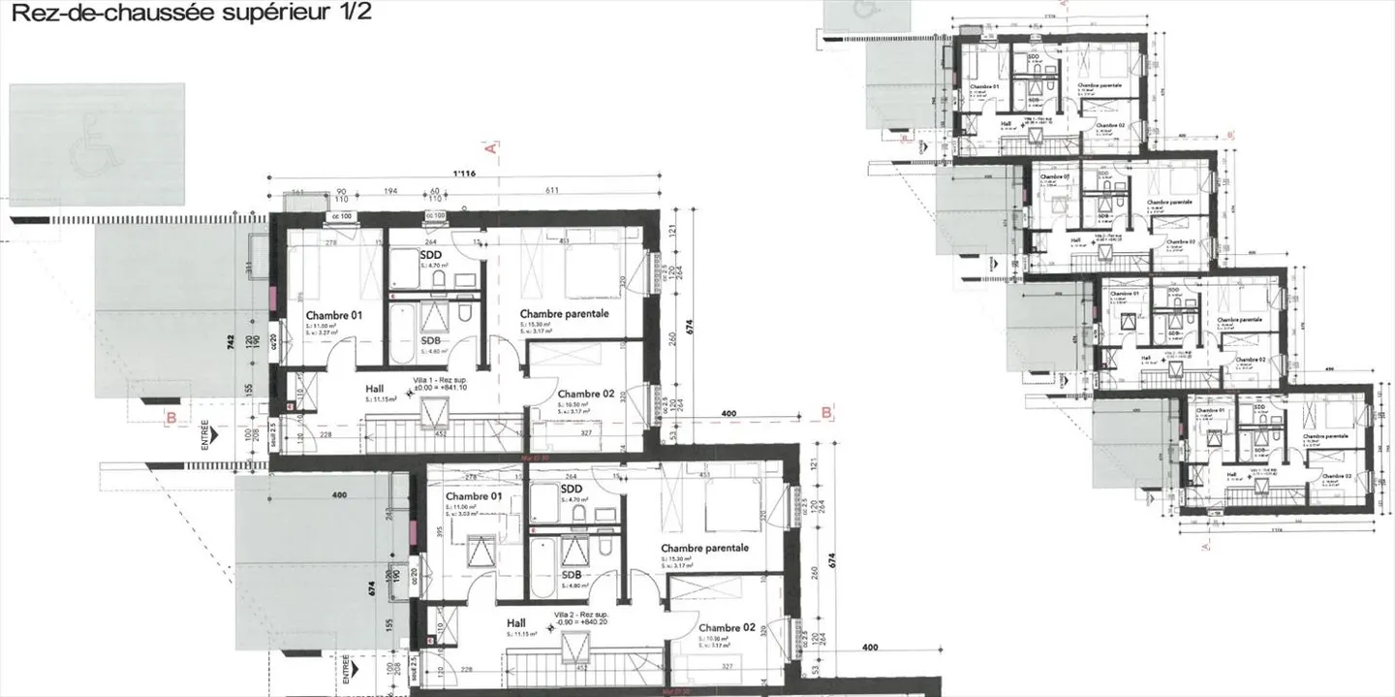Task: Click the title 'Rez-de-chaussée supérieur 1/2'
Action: click(189, 14)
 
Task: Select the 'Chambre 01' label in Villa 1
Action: click(333, 316)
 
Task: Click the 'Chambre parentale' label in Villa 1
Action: click(564, 314)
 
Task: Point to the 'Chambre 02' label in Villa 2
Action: click(727, 628)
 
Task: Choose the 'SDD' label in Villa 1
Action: click(431, 255)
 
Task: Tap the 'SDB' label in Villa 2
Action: click(573, 574)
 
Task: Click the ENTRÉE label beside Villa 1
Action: click(204, 433)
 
